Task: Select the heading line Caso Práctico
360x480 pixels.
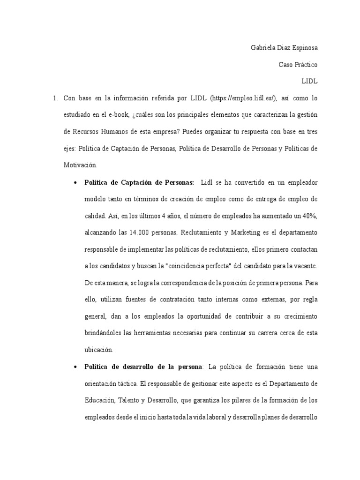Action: (297, 64)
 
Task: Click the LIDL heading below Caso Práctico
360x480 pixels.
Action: (309, 81)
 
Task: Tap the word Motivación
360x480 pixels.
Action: (80, 165)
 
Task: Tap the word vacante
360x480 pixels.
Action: (306, 266)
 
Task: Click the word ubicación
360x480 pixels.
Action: (99, 350)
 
